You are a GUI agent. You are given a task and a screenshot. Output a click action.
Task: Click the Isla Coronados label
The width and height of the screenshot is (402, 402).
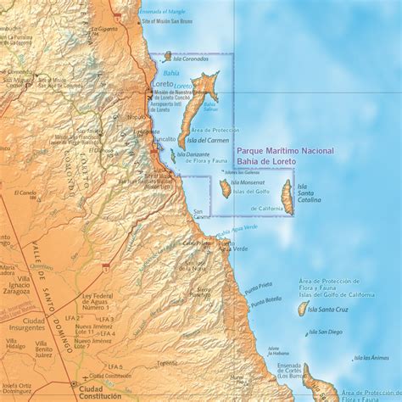tap(189, 59)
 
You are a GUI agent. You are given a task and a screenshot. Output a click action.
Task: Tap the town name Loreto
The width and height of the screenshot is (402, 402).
tap(163, 85)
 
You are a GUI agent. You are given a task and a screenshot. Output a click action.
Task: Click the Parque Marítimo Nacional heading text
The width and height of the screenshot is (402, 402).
tap(285, 150)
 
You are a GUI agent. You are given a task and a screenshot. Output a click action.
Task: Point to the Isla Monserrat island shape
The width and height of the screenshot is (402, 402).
tap(225, 187)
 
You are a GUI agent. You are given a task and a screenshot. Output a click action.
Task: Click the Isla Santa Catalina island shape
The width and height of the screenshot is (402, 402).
tap(288, 196)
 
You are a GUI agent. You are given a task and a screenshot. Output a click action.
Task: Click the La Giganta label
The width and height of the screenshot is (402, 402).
tap(108, 30)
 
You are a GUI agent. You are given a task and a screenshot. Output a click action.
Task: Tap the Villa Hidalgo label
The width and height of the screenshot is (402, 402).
tap(15, 342)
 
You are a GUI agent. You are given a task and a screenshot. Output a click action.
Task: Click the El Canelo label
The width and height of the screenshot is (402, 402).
tap(26, 193)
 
